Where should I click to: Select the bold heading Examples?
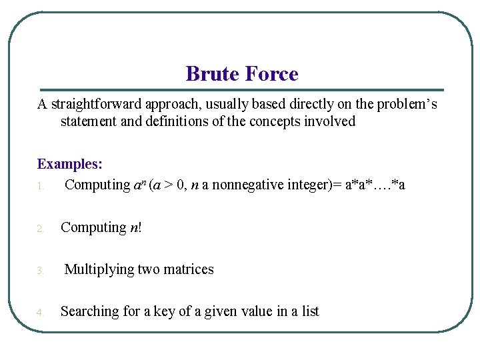69,164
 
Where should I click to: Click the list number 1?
40,186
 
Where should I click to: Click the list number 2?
40,229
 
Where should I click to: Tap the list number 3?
40,271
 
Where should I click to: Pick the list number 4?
40,313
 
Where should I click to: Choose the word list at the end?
310,311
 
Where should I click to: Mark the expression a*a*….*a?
375,185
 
